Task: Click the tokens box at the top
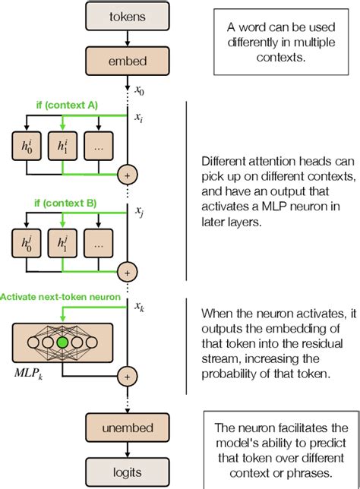[x=127, y=15]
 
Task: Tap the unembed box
[x=127, y=424]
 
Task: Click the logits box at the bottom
[x=127, y=469]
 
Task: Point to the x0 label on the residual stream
[x=140, y=90]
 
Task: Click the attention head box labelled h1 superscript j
[x=63, y=242]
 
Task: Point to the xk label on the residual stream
[x=140, y=307]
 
